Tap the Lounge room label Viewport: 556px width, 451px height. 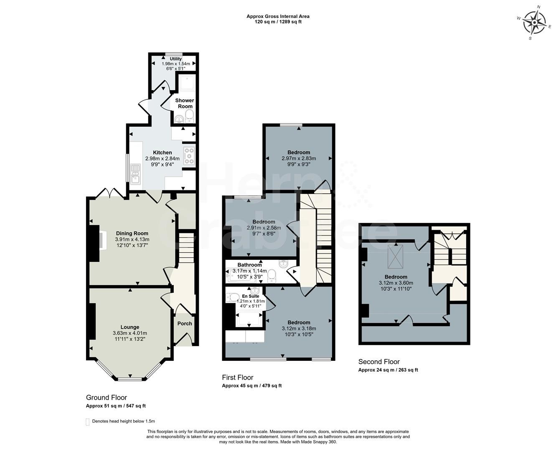[x=130, y=327]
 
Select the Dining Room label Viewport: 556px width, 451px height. [x=132, y=233]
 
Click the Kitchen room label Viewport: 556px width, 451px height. [x=162, y=152]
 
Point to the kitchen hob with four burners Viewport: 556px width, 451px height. [x=189, y=155]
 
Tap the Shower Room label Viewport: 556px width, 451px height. [x=184, y=103]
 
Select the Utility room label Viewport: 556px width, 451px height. [x=176, y=59]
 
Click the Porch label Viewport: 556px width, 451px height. [x=185, y=323]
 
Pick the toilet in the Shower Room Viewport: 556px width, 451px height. [x=189, y=116]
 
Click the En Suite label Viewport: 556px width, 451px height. [x=251, y=296]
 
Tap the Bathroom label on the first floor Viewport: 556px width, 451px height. [x=249, y=265]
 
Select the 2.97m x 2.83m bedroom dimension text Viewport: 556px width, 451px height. [x=299, y=158]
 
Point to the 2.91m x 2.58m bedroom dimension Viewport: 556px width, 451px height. [x=264, y=228]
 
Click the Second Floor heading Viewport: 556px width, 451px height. [x=379, y=362]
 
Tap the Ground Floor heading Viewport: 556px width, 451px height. [x=107, y=397]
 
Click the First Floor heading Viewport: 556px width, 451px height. [x=237, y=377]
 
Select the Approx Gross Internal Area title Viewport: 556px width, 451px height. [x=278, y=16]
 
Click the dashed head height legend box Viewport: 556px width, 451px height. [x=88, y=421]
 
